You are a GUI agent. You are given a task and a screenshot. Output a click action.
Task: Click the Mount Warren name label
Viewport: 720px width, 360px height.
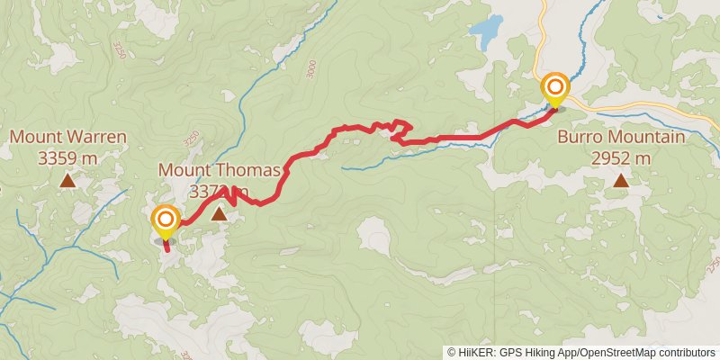tap(67, 138)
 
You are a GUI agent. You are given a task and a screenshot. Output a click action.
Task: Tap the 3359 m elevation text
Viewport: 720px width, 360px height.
tap(67, 157)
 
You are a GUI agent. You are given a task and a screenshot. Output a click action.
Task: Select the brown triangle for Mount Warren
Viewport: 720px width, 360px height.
tap(67, 181)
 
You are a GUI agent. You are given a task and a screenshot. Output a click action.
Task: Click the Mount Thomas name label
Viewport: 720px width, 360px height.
tap(220, 169)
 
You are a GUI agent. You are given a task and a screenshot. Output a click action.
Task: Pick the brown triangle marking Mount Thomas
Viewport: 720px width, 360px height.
tap(220, 214)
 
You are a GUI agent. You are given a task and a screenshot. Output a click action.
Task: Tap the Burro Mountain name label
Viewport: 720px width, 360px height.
tap(621, 138)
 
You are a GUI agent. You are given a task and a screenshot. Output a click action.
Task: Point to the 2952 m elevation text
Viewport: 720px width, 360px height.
tap(621, 157)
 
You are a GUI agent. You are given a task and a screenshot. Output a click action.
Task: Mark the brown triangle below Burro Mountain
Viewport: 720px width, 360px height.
tap(621, 181)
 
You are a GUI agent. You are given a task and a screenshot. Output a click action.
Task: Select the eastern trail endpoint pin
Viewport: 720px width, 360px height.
tap(555, 88)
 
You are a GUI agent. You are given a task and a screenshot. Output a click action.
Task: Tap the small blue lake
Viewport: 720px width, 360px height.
tap(487, 33)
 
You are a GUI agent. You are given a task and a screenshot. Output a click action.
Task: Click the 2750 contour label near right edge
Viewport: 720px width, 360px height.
tap(713, 265)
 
